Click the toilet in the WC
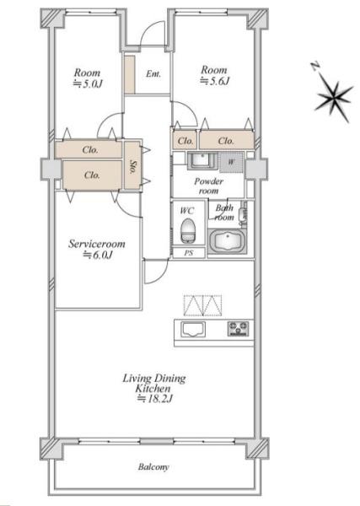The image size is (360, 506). coord(188,230)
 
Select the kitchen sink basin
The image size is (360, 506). coord(193,330)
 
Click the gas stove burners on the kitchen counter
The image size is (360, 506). coord(239,329)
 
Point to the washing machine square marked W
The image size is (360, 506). coord(231,162)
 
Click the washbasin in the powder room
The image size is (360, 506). coord(202,161)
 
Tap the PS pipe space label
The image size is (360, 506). coord(189,253)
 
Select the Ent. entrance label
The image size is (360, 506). coord(153,74)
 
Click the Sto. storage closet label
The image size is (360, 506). coord(132,166)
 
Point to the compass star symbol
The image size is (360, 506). coord(335,98)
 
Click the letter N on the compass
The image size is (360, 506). coord(315,67)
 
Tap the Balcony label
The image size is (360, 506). coord(153,466)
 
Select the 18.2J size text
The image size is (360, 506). coord(155,399)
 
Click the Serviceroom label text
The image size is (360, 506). coord(97,244)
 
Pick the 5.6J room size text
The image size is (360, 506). coord(214,81)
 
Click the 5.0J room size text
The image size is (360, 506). coord(88,83)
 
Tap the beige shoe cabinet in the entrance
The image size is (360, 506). coord(130,75)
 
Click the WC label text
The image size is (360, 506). coord(187,211)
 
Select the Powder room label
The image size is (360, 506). coord(209,186)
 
